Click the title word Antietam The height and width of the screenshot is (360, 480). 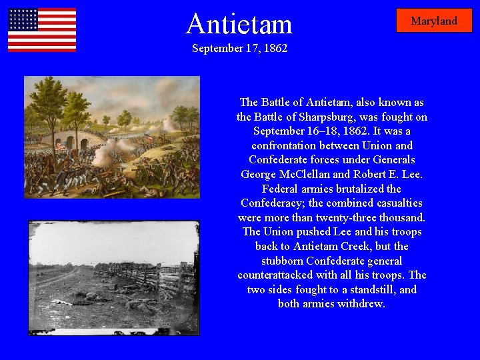click(239, 24)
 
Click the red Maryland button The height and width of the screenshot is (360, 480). click(434, 21)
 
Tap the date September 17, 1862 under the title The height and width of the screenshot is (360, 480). click(239, 49)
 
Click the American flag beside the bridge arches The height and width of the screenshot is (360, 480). click(61, 146)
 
